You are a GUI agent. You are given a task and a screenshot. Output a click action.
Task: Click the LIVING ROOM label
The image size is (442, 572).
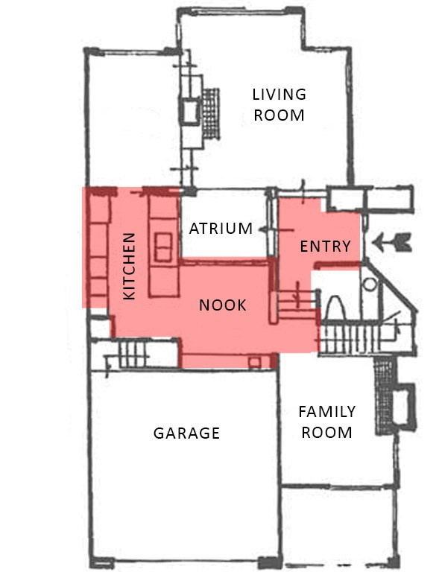(280, 105)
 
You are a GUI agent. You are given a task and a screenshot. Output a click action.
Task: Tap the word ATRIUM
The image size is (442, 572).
(221, 229)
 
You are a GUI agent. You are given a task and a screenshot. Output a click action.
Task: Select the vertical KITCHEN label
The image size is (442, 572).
(130, 267)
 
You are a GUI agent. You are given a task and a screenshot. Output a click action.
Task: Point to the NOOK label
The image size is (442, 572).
(223, 305)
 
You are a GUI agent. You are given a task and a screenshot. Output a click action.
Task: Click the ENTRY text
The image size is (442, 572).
(325, 247)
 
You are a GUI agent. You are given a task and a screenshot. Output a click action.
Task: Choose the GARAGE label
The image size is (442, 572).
(186, 433)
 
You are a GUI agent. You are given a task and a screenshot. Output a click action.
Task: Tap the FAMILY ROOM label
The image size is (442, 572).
(326, 422)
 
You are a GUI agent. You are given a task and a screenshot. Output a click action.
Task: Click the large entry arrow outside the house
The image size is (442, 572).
(392, 243)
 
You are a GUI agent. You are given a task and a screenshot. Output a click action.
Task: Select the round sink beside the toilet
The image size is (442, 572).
(370, 285)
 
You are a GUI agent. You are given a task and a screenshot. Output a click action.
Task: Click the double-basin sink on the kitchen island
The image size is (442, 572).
(163, 247)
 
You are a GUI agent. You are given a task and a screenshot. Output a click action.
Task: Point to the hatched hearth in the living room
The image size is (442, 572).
(211, 113)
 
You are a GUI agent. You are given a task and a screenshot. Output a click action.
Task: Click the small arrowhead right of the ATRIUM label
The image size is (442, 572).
(262, 229)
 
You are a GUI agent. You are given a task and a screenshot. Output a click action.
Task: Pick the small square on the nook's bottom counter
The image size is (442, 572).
(254, 363)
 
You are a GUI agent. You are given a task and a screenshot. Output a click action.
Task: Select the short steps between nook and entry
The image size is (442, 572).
(298, 304)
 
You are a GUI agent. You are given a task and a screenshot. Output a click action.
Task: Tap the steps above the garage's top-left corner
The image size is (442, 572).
(133, 355)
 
